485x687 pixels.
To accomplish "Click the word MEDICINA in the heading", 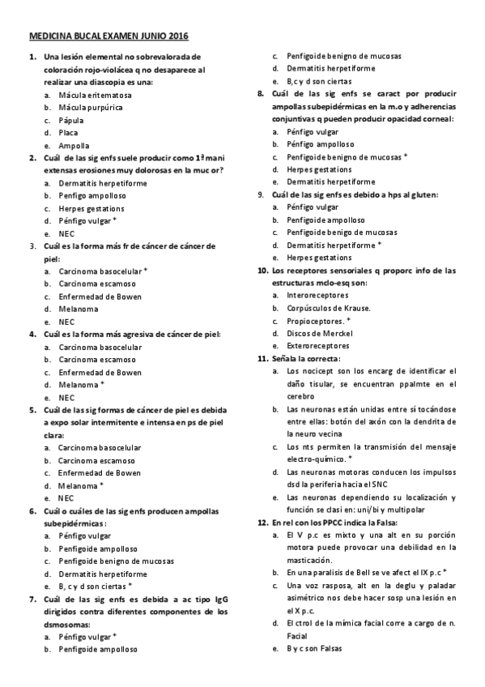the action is [49, 37].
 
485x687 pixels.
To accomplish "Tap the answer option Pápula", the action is [71, 120].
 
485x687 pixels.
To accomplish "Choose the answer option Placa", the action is [69, 132].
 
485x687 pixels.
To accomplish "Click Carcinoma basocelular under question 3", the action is [103, 271].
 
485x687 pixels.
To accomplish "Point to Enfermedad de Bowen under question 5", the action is [99, 473].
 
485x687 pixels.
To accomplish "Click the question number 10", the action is [262, 271].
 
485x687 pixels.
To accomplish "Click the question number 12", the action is [262, 523].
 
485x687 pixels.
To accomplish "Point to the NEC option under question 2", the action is [66, 233].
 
